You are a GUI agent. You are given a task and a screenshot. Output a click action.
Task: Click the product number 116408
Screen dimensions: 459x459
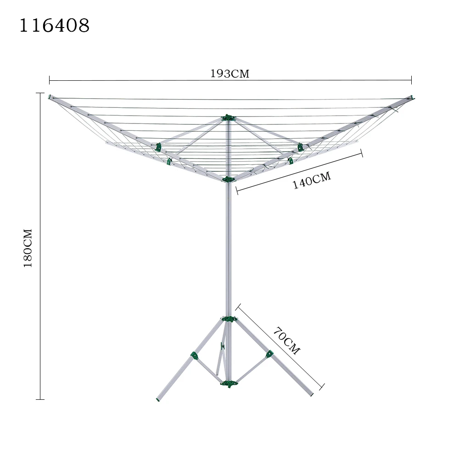point(54,26)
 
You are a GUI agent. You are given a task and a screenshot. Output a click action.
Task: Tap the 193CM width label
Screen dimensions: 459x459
point(229,74)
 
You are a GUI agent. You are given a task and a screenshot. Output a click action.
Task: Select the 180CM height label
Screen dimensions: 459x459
point(28,248)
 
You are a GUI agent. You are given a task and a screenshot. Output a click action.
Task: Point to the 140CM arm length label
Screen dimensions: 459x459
point(312,181)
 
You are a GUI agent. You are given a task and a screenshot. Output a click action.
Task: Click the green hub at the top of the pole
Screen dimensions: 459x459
point(228,118)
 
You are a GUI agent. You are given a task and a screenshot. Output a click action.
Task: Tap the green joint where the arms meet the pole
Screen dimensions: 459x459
point(228,179)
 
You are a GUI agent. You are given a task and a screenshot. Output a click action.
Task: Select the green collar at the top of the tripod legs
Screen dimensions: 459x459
point(229,319)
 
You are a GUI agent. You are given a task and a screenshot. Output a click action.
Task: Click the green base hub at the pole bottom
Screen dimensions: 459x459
point(229,383)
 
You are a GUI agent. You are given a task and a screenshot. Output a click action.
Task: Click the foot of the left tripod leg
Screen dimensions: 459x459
point(159,398)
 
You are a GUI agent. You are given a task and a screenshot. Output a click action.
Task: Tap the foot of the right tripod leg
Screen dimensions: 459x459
point(311,393)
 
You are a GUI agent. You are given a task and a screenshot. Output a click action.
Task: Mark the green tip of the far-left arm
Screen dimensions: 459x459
point(50,97)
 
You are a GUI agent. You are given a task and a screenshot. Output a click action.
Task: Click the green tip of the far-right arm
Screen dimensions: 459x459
point(412,97)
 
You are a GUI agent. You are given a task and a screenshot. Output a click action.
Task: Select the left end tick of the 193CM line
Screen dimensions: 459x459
point(49,80)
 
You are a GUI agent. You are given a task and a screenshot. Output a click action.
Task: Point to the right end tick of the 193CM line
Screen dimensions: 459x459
point(411,80)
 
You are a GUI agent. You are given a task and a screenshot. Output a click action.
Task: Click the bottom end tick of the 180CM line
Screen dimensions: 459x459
point(40,399)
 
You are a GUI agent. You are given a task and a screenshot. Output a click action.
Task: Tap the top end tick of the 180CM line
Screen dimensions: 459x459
point(40,93)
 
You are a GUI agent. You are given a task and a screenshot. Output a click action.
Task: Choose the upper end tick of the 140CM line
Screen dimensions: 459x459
point(362,153)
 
